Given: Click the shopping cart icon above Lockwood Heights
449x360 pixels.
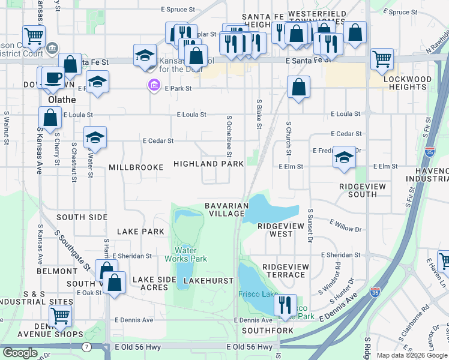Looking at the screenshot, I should pos(382,59).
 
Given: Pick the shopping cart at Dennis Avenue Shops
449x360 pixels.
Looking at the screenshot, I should pos(60,316).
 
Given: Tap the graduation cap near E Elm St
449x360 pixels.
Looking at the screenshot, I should pos(344,157).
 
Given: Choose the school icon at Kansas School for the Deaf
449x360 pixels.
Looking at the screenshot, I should pos(145,56).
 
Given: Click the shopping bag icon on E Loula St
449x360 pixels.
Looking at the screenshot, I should pos(50,118).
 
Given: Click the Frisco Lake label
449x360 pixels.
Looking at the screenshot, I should pos(258,293).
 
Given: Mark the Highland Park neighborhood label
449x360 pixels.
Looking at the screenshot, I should pos(208,164).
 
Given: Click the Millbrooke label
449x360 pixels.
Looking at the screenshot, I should pos(136,167).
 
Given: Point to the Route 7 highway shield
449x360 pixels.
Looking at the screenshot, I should pos(87,347).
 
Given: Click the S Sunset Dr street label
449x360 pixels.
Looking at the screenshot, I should pos(310,226).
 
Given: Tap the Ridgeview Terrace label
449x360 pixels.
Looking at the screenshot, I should pos(285,271).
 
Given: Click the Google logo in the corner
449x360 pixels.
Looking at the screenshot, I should pos(20,353).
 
